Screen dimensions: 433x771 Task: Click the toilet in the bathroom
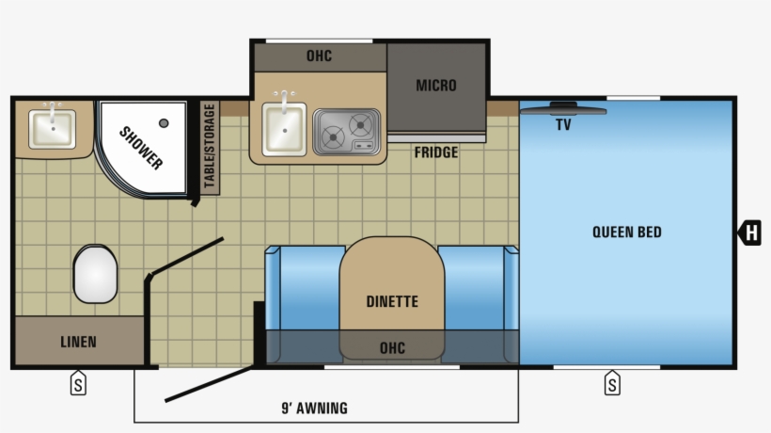[x=94, y=274]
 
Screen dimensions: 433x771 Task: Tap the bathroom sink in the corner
[x=52, y=128]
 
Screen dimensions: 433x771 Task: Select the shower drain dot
[x=164, y=122]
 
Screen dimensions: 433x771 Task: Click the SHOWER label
[x=140, y=148]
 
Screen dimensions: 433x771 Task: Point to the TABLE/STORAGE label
[x=209, y=147]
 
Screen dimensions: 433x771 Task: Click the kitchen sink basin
[x=283, y=130]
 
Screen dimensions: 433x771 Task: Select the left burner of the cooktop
[x=332, y=136]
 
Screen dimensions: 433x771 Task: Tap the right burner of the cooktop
[x=360, y=124]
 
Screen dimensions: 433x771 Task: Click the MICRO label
[x=436, y=86]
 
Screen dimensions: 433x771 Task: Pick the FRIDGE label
[x=436, y=152]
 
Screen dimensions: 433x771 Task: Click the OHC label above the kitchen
[x=319, y=56]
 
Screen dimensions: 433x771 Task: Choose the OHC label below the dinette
[x=392, y=348]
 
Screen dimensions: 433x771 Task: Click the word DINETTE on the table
[x=392, y=302]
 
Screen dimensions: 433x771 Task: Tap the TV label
[x=563, y=124]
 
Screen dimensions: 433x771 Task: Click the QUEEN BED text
[x=626, y=232]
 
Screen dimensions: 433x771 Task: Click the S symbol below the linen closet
[x=78, y=384]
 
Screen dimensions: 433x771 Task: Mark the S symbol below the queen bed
[x=612, y=384]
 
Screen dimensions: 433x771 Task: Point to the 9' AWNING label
[x=315, y=408]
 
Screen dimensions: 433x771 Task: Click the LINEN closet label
[x=78, y=342]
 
